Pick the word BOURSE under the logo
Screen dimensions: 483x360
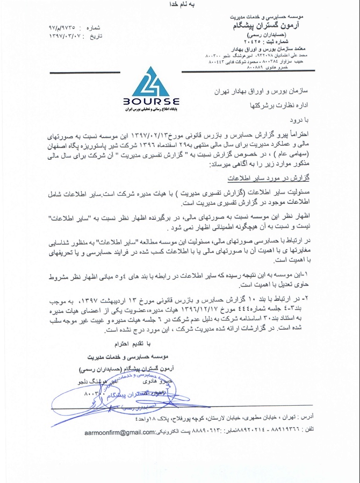click(x=151, y=101)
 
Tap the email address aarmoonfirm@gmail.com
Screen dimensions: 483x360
click(x=119, y=432)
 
